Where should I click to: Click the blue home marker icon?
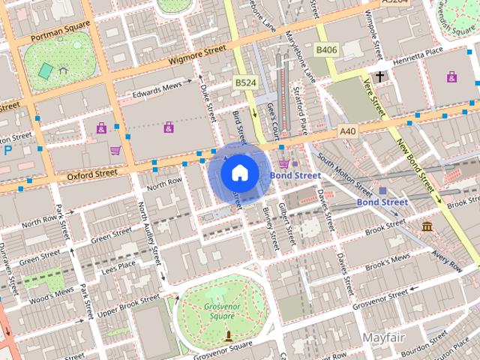click(x=238, y=173)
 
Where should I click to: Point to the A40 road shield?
click(x=346, y=130)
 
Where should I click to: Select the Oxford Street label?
click(x=92, y=173)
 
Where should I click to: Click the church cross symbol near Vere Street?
click(x=380, y=76)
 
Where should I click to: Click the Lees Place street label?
click(x=118, y=265)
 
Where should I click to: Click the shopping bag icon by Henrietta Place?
click(x=451, y=76)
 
